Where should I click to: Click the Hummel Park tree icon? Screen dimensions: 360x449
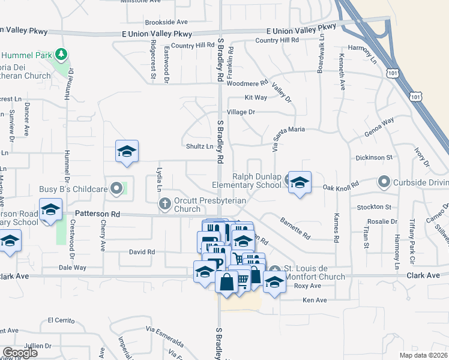click(61, 55)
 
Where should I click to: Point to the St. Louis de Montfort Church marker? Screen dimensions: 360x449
click(275, 271)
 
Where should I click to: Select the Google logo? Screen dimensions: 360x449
click(20, 353)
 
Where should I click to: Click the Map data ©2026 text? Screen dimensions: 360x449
click(423, 355)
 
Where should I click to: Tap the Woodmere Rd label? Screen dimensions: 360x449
click(247, 83)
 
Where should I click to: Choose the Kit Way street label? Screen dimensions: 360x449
click(256, 97)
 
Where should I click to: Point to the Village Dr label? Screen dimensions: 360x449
click(240, 112)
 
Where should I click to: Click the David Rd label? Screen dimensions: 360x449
click(142, 252)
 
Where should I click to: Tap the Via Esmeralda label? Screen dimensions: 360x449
click(165, 337)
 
